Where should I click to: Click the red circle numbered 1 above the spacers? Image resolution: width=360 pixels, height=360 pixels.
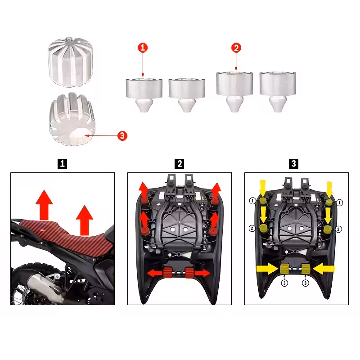pyautogui.click(x=143, y=48)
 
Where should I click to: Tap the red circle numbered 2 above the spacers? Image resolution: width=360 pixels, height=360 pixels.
pyautogui.click(x=236, y=48)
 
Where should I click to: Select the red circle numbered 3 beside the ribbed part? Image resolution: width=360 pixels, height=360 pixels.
pyautogui.click(x=122, y=136)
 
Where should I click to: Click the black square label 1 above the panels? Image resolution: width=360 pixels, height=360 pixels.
pyautogui.click(x=62, y=164)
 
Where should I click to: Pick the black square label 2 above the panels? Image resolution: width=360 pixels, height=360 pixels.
pyautogui.click(x=179, y=164)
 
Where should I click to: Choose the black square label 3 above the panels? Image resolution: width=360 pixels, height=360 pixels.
pyautogui.click(x=294, y=164)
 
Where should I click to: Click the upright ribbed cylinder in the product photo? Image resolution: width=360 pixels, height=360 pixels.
pyautogui.click(x=70, y=62)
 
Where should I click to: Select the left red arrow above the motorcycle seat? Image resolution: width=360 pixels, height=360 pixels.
pyautogui.click(x=44, y=205)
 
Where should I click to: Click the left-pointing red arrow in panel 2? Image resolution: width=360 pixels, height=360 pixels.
pyautogui.click(x=155, y=273)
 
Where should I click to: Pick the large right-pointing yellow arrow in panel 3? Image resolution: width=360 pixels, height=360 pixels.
pyautogui.click(x=268, y=269)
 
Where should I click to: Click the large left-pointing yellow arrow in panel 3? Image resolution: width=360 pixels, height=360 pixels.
pyautogui.click(x=324, y=269)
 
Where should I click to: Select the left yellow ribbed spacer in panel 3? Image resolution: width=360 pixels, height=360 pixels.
pyautogui.click(x=284, y=269)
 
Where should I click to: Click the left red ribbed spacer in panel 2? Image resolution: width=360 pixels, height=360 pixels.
pyautogui.click(x=167, y=273)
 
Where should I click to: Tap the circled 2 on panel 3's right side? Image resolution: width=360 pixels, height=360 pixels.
pyautogui.click(x=338, y=229)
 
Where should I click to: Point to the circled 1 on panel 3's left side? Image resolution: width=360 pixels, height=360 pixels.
pyautogui.click(x=252, y=201)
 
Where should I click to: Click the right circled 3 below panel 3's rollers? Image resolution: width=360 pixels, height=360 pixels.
pyautogui.click(x=305, y=283)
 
